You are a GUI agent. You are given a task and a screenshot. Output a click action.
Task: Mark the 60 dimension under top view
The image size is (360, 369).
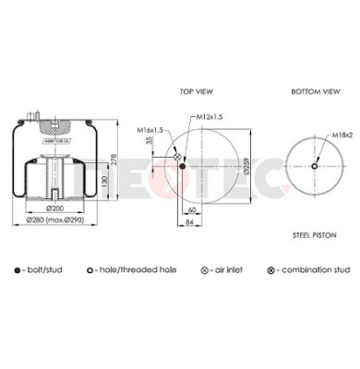point(184,211)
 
